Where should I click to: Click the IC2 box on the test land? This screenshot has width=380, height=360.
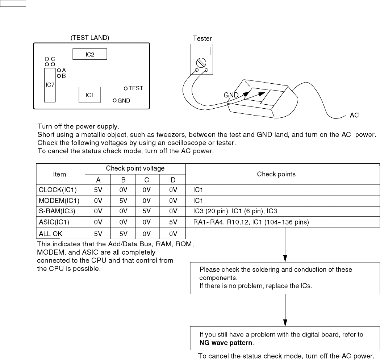(89, 54)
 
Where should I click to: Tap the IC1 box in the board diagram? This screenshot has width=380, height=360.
(89, 95)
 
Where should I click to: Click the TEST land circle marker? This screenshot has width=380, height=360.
(126, 88)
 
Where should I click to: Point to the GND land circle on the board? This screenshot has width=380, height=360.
(115, 101)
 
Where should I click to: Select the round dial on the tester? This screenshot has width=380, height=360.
(202, 62)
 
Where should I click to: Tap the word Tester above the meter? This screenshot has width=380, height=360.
(202, 38)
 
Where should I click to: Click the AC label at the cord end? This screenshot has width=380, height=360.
(354, 116)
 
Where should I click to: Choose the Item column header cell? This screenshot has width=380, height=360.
(60, 174)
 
